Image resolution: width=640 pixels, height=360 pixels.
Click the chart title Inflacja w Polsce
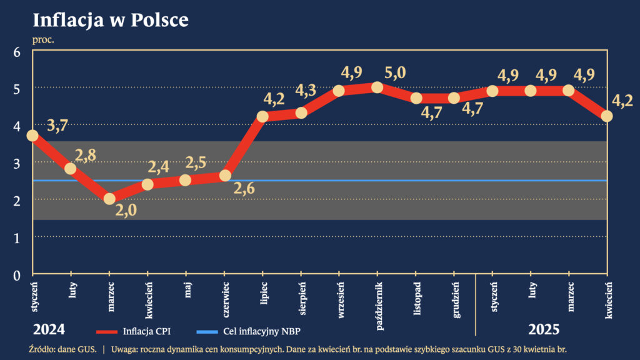point(111,20)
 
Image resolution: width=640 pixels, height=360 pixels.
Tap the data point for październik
point(377,87)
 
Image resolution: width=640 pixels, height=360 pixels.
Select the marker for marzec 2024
point(109,198)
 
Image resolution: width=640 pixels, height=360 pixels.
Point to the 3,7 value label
point(57,126)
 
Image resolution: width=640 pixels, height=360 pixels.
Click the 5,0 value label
point(394,72)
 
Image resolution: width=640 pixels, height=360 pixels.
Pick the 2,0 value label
point(126,210)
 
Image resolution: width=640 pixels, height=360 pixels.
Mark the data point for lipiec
point(262,116)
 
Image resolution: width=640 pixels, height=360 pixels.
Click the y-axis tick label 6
point(17,52)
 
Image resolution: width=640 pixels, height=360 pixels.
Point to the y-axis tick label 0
point(17,274)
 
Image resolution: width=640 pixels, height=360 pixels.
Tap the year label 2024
point(49,329)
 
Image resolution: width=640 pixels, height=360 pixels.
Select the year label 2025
point(544,329)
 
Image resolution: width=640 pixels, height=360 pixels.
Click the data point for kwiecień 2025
point(606,116)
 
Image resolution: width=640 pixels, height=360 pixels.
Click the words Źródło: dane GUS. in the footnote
point(62,348)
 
